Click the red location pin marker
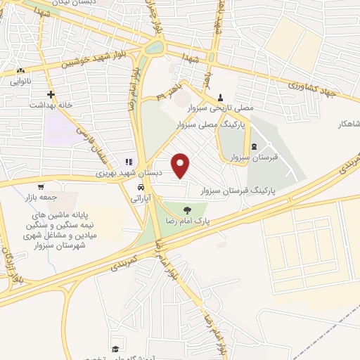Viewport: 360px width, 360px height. point(181,165)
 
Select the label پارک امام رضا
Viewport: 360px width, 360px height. point(186,221)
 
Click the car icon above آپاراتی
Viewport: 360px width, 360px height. point(141,188)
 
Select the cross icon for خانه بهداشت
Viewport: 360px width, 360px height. point(51,94)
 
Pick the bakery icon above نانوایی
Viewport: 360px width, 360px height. point(20,70)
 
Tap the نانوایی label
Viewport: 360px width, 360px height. point(19,81)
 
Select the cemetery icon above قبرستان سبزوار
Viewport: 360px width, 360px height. point(264,146)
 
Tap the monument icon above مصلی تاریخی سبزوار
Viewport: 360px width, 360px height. point(221,97)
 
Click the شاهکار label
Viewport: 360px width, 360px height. point(349,123)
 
